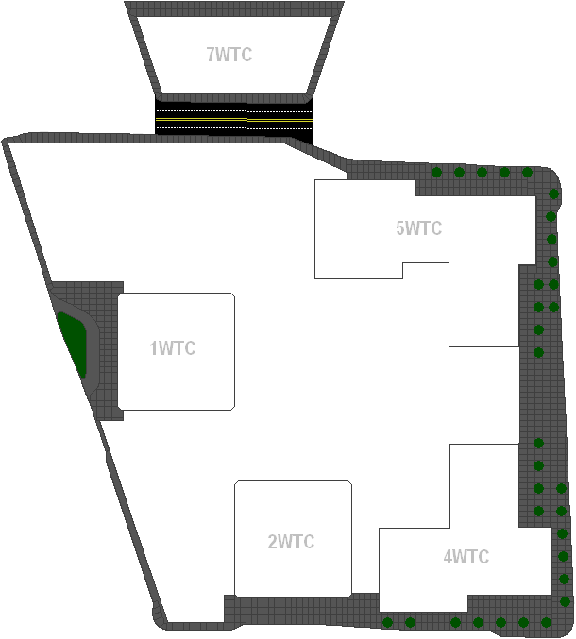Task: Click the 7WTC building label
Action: [229, 55]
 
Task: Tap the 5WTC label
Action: [419, 228]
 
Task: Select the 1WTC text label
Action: [173, 348]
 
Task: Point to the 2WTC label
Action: [291, 543]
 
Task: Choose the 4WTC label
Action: [466, 557]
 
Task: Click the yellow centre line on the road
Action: [280, 121]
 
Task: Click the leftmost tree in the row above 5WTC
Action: [436, 173]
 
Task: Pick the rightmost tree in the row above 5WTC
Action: [528, 173]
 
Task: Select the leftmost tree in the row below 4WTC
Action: [387, 622]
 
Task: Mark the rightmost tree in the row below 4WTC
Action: [546, 622]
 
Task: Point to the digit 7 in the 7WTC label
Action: [211, 55]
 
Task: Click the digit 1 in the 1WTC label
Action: [154, 348]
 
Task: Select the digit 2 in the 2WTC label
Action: [273, 543]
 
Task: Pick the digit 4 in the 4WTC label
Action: [449, 557]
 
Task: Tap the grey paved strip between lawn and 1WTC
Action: [106, 349]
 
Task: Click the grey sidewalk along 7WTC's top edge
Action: [234, 8]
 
